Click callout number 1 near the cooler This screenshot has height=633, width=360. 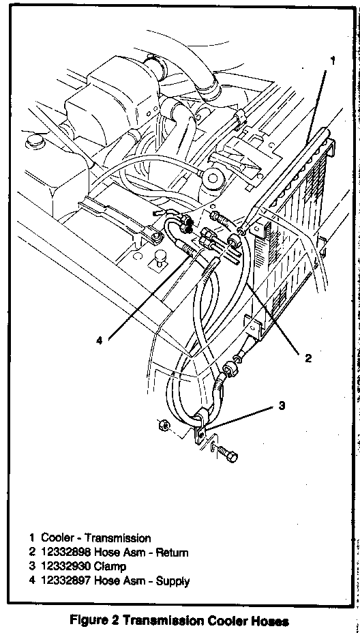[344, 61]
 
